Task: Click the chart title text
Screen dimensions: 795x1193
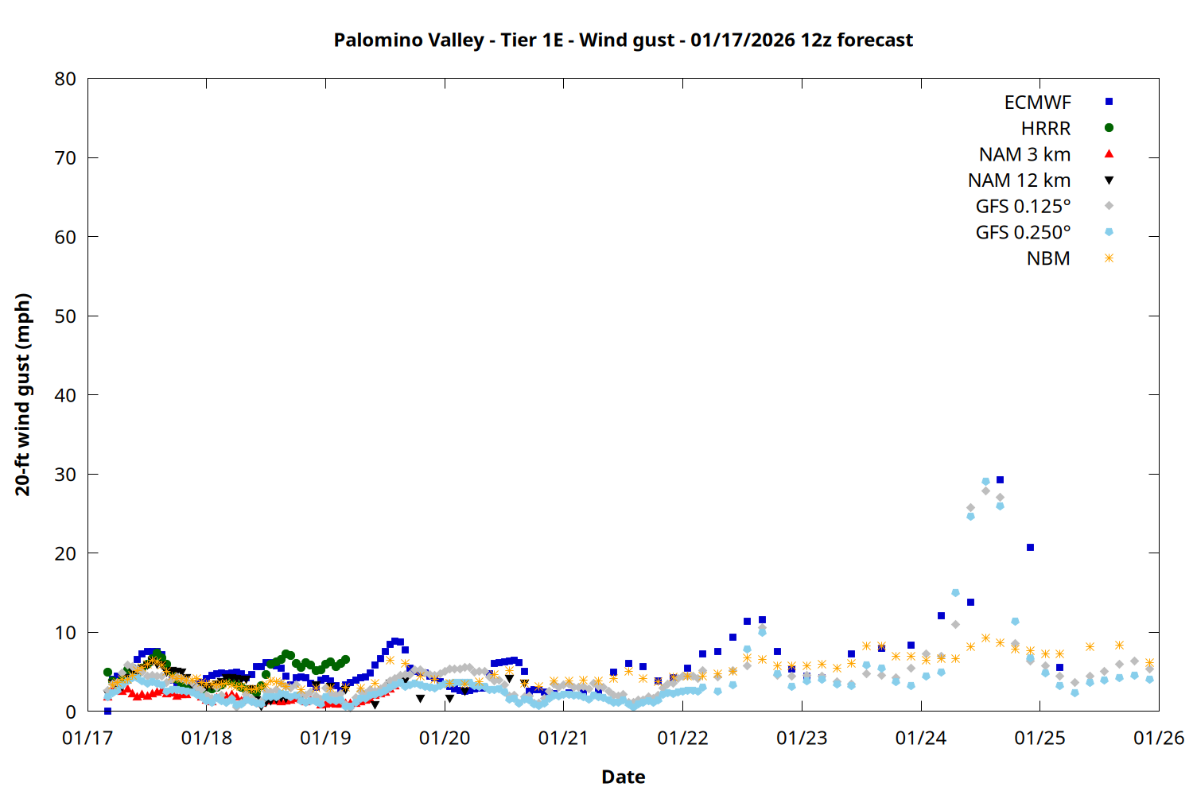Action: click(623, 40)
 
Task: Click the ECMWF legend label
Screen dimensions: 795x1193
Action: click(1037, 103)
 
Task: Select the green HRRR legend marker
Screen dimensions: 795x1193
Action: click(1109, 128)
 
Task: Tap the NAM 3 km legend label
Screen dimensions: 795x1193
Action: click(1024, 154)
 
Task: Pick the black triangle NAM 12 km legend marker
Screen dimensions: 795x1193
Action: click(1109, 180)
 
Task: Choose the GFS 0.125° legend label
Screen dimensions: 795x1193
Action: click(1023, 207)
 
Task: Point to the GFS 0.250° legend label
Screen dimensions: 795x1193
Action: click(1023, 233)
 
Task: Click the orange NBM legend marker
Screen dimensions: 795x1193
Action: click(1109, 258)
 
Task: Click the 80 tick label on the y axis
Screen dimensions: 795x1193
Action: click(65, 79)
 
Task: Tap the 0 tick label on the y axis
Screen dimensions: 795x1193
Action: click(71, 712)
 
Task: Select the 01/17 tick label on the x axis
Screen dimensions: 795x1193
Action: click(87, 739)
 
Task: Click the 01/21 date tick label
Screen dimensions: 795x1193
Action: click(563, 739)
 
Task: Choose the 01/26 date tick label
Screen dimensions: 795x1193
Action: click(1158, 739)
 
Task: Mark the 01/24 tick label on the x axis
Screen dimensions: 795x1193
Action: click(920, 739)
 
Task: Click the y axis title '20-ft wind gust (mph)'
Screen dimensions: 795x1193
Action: click(23, 394)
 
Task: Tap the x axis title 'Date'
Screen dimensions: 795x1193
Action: click(623, 777)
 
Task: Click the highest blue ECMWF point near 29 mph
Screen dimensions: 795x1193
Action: click(1000, 480)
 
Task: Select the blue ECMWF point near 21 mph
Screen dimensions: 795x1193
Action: click(1030, 547)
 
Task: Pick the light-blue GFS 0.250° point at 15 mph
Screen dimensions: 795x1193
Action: click(955, 593)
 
